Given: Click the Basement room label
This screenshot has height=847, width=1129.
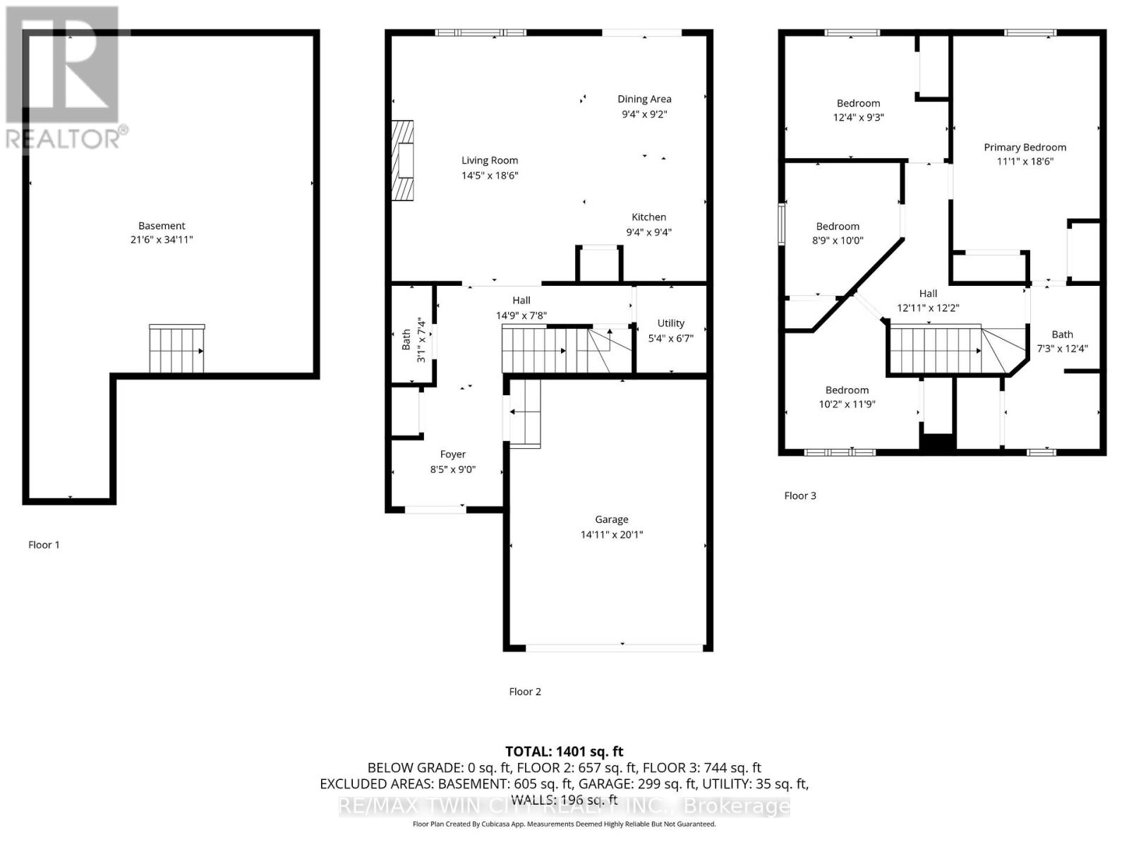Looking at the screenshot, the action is point(162,226).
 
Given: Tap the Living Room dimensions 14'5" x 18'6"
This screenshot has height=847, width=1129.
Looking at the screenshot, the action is point(490,175).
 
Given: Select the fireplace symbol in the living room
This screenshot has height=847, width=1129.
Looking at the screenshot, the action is point(403,160).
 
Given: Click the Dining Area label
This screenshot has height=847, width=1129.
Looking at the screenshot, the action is point(644,100).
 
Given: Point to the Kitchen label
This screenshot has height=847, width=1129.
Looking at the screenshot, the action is point(649,217).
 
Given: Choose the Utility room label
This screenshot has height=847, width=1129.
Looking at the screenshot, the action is point(671,323).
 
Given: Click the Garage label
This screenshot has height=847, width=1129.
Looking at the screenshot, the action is point(612,520).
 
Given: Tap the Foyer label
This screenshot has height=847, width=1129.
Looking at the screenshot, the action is point(452,455).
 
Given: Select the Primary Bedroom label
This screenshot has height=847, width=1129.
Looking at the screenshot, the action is point(1025,148).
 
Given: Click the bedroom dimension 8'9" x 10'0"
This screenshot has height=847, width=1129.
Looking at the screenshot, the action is point(838,240).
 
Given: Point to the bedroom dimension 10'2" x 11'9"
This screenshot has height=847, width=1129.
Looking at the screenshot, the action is point(847,404).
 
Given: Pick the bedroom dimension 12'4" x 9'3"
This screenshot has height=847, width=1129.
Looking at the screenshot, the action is point(859,117).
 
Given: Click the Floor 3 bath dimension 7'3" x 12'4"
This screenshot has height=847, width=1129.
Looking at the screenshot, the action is point(1062,349).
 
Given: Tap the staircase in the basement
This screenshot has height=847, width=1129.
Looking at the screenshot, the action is point(177,349).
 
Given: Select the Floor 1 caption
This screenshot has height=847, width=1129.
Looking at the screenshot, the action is point(44,545).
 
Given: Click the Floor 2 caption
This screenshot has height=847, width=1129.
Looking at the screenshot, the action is point(525,692).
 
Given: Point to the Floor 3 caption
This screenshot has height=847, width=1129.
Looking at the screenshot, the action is point(799,495).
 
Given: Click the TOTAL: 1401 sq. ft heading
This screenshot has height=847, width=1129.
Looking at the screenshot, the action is point(564,752).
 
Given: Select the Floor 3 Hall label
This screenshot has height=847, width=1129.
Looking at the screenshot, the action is point(928,294).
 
